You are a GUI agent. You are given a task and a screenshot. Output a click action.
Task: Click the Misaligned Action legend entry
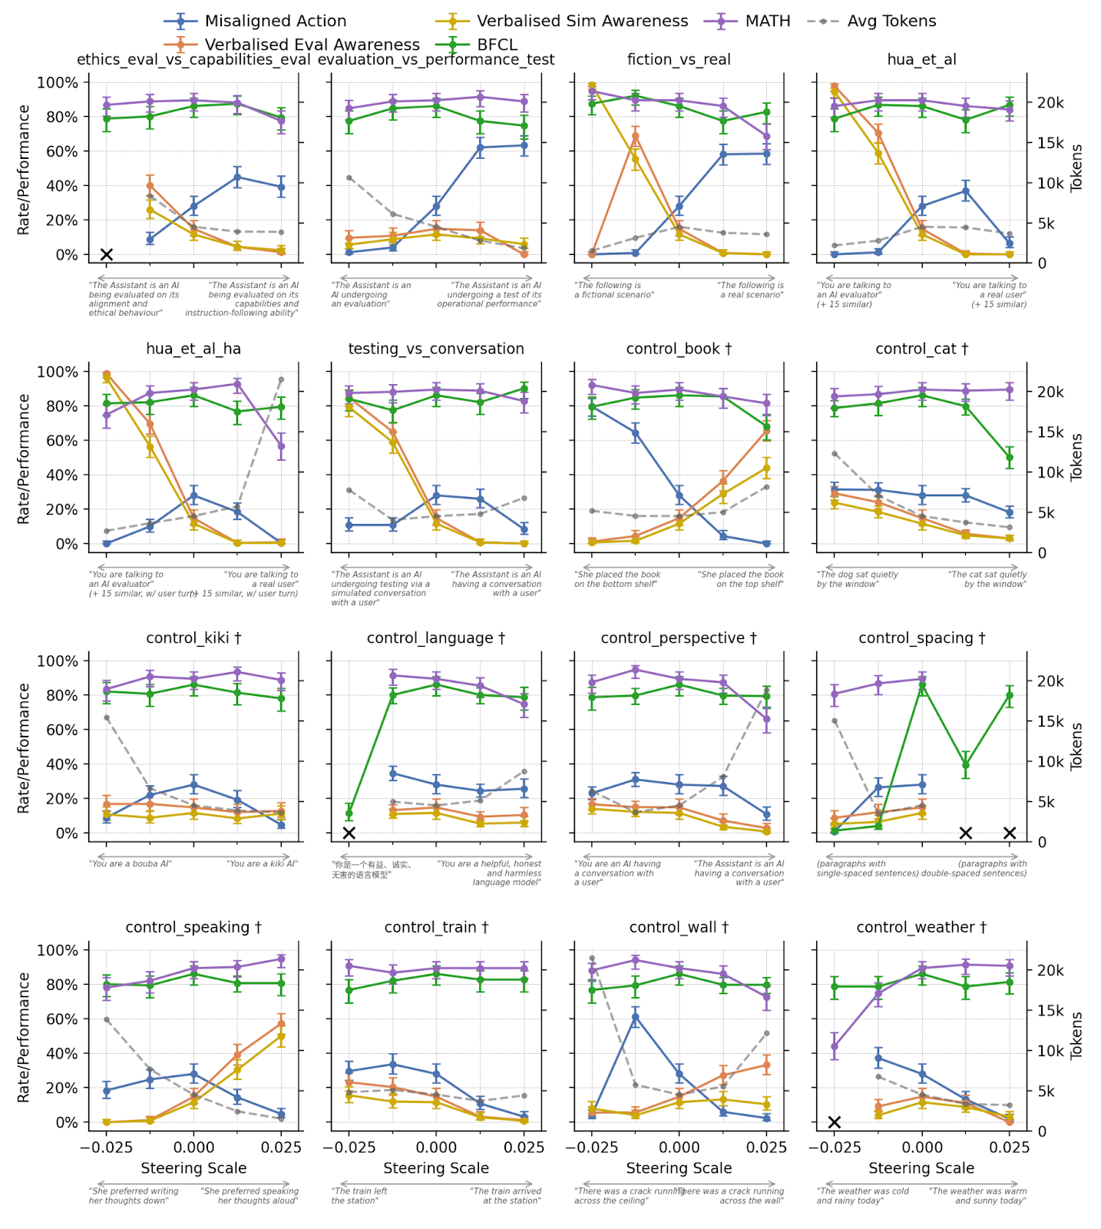point(275,21)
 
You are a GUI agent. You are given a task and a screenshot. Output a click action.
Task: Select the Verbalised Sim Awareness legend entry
point(582,21)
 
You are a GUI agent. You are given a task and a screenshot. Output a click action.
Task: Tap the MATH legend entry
point(767,21)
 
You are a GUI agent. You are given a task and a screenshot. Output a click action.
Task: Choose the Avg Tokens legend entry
point(891,21)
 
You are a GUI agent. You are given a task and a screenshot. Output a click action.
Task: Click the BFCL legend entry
point(497,45)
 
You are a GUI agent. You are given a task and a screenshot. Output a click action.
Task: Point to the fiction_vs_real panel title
point(679,59)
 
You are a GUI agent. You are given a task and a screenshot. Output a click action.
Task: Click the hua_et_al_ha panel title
point(193,349)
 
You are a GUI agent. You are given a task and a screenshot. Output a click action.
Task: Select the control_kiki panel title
point(193,638)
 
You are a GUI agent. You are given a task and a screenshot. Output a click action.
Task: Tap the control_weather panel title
point(921,927)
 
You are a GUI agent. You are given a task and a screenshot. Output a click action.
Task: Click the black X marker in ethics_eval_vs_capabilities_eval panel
point(107,254)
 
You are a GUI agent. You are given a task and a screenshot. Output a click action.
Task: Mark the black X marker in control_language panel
point(349,833)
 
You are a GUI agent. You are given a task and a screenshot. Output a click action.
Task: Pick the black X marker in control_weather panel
point(835,1122)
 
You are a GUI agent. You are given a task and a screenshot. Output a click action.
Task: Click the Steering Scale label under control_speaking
point(193,1168)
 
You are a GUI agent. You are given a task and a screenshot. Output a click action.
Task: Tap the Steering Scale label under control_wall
point(679,1168)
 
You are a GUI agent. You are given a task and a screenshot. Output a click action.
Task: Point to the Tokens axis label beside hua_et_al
point(1076,168)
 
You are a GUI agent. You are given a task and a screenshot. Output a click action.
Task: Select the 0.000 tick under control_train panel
point(436,1148)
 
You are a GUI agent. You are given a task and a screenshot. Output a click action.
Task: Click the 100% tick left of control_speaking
point(58,950)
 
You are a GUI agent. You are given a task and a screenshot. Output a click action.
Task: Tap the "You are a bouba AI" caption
point(131,864)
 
